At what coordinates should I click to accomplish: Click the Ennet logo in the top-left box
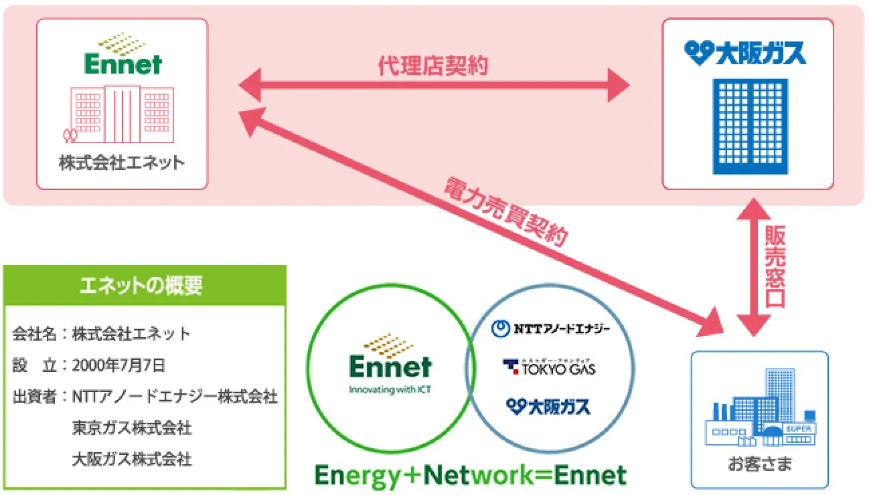[x=123, y=54]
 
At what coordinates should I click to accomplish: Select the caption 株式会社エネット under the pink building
[x=122, y=163]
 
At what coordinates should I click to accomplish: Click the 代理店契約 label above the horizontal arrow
[x=433, y=66]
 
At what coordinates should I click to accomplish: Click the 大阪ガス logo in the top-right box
[x=746, y=54]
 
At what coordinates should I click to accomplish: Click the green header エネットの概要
[x=145, y=286]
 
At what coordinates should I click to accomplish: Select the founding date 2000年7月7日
[x=118, y=365]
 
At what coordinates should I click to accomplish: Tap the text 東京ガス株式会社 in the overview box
[x=132, y=427]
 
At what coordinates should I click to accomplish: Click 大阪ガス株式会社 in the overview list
[x=132, y=459]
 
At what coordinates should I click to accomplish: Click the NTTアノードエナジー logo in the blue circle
[x=550, y=328]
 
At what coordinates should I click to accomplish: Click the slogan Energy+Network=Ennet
[x=471, y=476]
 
